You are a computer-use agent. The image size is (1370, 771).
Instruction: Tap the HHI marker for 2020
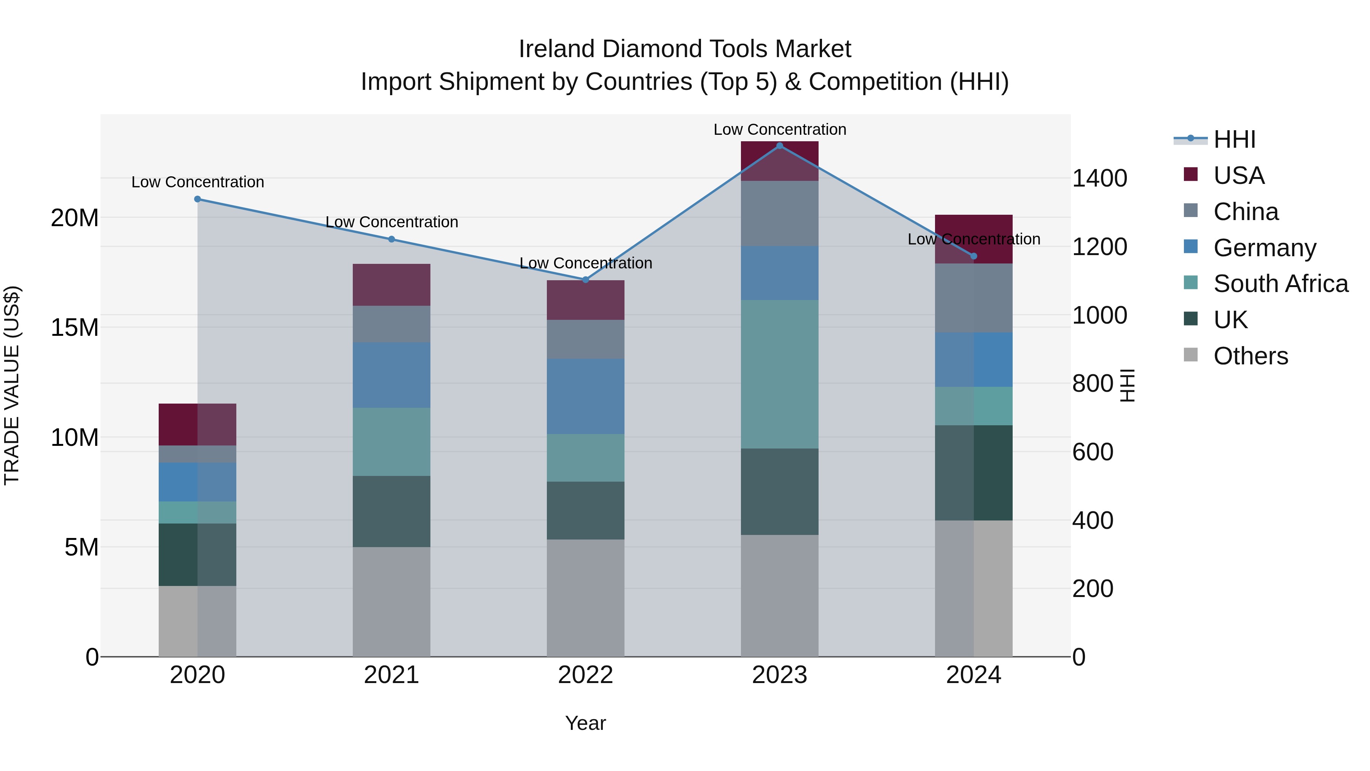[x=197, y=199]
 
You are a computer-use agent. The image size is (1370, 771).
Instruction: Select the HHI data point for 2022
[x=586, y=280]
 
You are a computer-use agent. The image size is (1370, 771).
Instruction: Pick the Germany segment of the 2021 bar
[x=392, y=375]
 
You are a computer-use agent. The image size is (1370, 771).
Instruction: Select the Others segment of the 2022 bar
[x=586, y=598]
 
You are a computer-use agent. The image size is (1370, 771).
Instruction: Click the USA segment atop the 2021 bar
[x=392, y=285]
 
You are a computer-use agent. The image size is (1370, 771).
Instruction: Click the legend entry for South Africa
[x=1280, y=284]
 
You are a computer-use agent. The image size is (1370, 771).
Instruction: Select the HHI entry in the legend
[x=1234, y=139]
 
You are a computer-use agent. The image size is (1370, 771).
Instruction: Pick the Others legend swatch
[x=1190, y=355]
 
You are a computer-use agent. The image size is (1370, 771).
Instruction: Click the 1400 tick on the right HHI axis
[x=1099, y=178]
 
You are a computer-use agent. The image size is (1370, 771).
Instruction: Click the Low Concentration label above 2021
[x=392, y=222]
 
